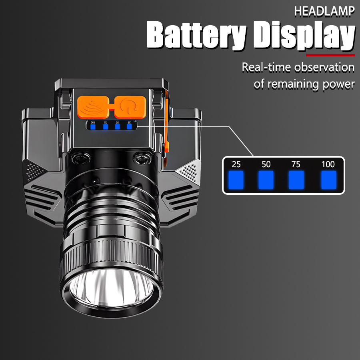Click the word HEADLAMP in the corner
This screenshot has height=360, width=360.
click(x=324, y=11)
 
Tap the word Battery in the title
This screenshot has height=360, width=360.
click(x=196, y=35)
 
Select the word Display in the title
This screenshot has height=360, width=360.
click(x=304, y=36)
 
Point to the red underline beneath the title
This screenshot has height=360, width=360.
click(x=330, y=55)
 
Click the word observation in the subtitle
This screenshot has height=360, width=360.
click(x=324, y=67)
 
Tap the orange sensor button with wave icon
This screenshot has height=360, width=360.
click(x=93, y=107)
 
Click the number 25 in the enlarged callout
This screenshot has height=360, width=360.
click(x=236, y=164)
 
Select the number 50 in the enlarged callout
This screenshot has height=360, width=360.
click(x=266, y=164)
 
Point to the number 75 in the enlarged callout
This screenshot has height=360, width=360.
click(x=296, y=164)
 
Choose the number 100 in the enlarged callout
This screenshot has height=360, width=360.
click(x=328, y=164)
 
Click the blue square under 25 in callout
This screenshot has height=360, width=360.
click(x=236, y=180)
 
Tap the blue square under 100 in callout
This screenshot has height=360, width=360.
click(x=328, y=180)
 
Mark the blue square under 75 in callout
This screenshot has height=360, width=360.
click(x=296, y=180)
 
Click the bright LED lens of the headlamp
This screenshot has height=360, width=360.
click(x=111, y=288)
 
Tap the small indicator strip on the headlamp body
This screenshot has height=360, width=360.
click(x=111, y=125)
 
